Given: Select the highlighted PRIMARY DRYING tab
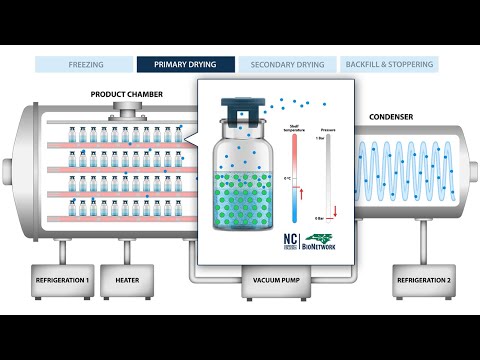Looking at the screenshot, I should tap(186, 64).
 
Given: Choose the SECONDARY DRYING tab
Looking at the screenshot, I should tap(287, 64).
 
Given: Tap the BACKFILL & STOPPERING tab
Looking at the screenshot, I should tap(389, 64).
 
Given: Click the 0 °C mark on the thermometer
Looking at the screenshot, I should tap(289, 178).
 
